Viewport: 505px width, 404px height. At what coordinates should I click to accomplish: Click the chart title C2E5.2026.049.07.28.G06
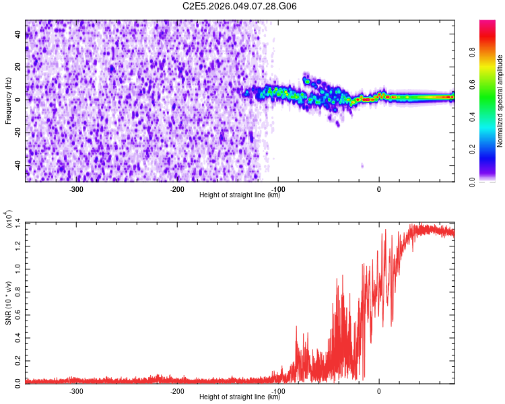240,6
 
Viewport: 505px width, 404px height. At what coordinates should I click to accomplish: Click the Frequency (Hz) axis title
8,101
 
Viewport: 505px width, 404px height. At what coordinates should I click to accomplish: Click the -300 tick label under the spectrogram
76,189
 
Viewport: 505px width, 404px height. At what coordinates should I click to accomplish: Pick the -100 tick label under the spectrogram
278,189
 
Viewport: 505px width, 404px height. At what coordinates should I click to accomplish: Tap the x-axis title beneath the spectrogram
240,195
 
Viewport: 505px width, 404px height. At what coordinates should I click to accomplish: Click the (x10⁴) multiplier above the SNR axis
11,221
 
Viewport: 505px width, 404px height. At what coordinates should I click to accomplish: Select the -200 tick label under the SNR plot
177,391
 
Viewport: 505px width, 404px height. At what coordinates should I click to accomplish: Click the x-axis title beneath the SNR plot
240,397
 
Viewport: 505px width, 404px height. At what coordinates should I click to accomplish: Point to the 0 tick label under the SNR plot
379,391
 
